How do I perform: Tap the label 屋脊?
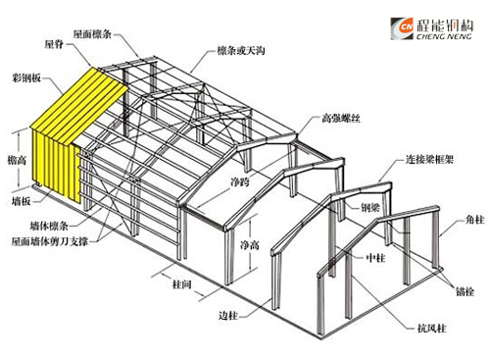54,45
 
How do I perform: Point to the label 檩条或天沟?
242,49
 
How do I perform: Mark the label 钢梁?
371,206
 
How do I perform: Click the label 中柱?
373,260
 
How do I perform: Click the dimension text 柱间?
179,285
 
